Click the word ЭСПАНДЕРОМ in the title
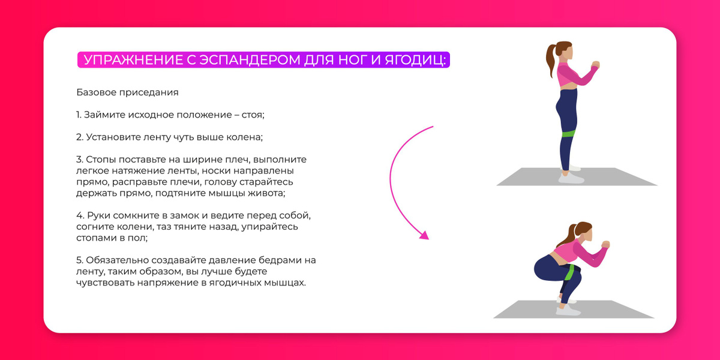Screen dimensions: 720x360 250,60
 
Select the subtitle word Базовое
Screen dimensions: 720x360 96,92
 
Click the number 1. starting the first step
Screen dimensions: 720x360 79,115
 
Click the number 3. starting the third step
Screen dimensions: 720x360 80,160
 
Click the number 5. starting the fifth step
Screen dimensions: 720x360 80,260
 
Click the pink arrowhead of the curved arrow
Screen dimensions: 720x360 424,235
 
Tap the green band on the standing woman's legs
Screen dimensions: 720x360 568,133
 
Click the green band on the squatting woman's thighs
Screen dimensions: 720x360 570,273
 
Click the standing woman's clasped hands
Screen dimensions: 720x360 596,64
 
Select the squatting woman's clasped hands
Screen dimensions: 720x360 605,244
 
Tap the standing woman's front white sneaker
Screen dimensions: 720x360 571,178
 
